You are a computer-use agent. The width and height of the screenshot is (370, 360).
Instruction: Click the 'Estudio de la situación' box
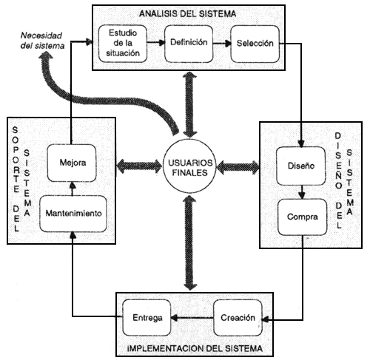[121, 42]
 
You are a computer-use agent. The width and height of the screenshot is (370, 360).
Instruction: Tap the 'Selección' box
[250, 42]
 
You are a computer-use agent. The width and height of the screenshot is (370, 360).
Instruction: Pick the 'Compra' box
[302, 219]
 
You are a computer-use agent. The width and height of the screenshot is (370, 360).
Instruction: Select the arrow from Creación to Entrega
[192, 317]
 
